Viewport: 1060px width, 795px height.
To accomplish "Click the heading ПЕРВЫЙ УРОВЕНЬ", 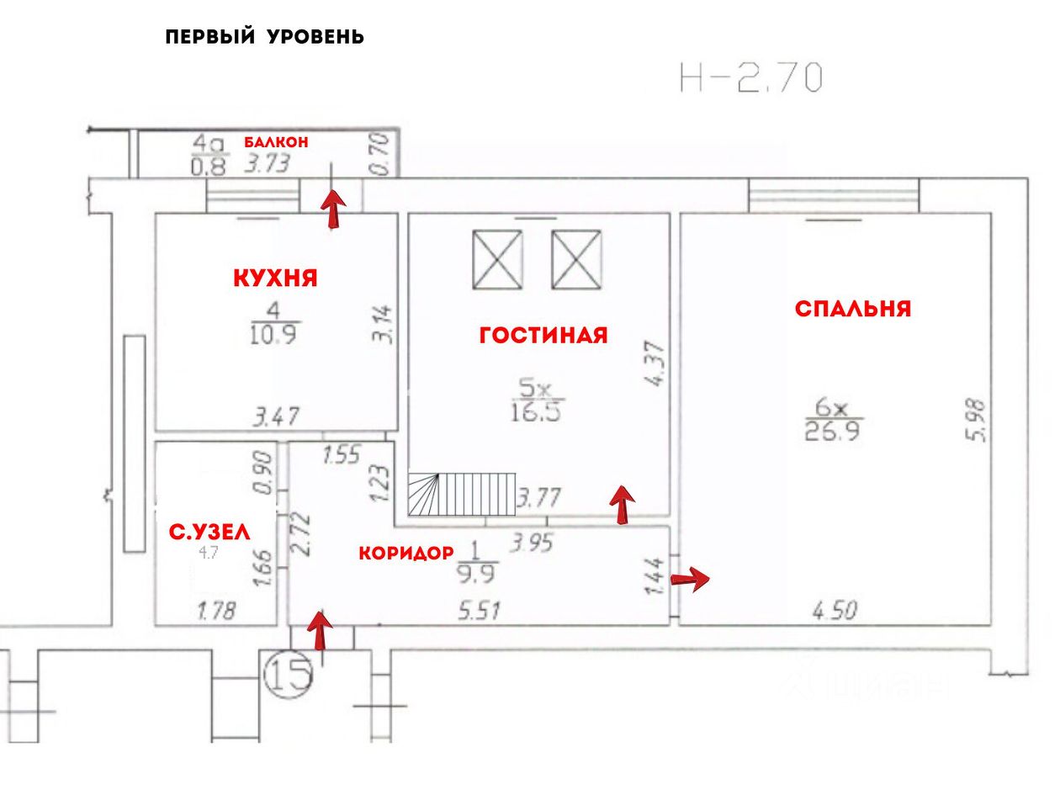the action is (264, 37).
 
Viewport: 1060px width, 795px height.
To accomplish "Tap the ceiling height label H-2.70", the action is (751, 77).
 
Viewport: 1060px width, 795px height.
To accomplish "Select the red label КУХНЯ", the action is (275, 278).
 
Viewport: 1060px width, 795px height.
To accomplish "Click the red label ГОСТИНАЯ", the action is (543, 335).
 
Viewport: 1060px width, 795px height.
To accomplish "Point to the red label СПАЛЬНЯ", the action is (853, 309).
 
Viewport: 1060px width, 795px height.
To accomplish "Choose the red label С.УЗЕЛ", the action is (209, 532).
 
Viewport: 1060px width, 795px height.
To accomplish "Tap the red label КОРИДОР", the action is (406, 553).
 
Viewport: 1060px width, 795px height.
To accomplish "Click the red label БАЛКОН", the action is (276, 142).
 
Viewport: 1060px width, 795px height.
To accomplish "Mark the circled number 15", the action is (289, 673).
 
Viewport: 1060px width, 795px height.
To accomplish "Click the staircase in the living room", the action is (462, 494).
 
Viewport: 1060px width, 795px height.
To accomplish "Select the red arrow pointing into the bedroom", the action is (692, 578).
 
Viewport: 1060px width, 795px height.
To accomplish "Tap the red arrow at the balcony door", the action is (334, 209).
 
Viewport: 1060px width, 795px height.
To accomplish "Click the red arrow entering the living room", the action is (622, 505).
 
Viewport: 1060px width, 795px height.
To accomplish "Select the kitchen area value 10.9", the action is (273, 335).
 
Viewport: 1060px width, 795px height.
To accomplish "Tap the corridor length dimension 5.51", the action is (479, 611).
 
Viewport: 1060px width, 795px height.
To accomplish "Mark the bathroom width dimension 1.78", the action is (217, 611).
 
